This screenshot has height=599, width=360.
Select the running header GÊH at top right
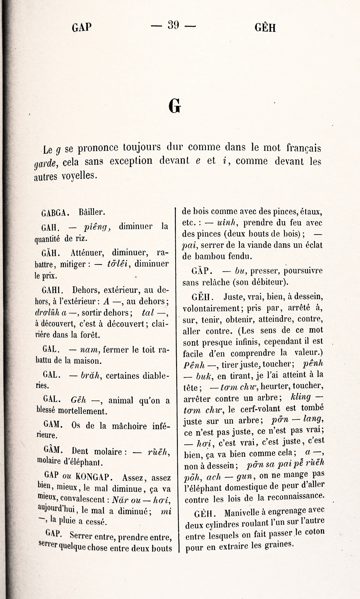coord(265,28)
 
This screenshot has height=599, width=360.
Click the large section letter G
coord(175,106)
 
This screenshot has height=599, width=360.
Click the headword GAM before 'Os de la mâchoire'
coord(52,424)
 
